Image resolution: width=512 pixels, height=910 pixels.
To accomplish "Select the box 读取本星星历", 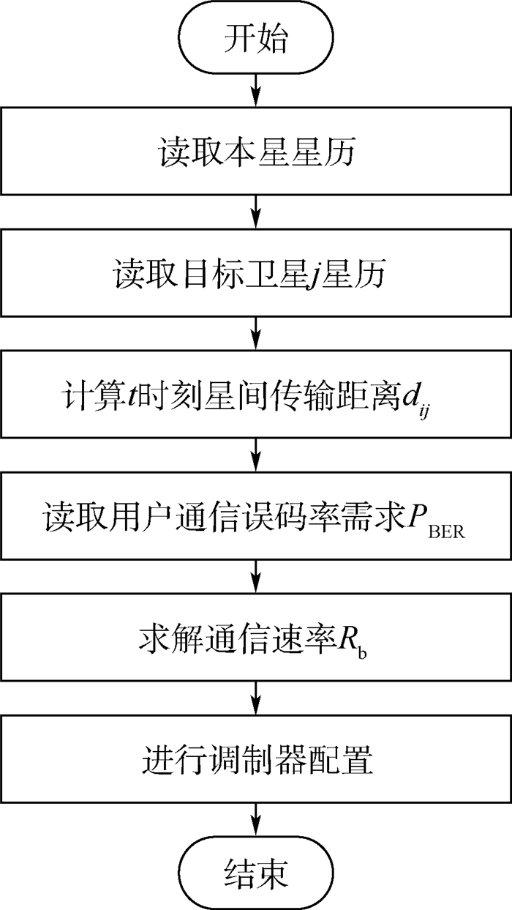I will click(255, 152).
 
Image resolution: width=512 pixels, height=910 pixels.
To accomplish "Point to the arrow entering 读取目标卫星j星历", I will click(255, 212).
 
